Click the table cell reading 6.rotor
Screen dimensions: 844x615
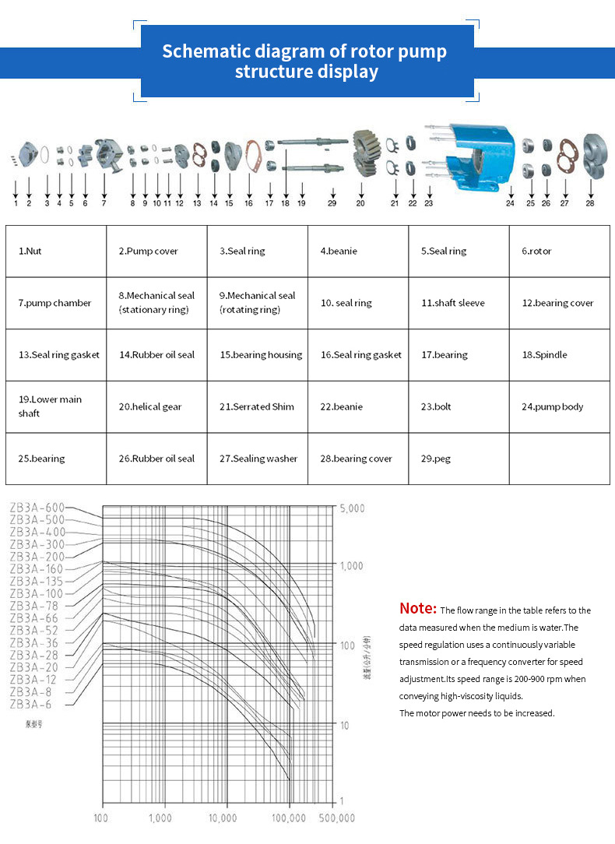point(559,251)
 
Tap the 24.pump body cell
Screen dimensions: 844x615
point(559,406)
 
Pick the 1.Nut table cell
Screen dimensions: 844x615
point(56,251)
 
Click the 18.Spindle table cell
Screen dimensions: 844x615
point(559,355)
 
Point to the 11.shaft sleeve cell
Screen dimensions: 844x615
point(459,303)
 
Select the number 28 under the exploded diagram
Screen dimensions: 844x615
point(590,203)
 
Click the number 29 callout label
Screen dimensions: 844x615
point(332,203)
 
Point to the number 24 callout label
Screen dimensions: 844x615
point(510,203)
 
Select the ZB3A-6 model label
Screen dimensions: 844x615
point(32,704)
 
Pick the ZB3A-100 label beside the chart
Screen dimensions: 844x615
point(37,593)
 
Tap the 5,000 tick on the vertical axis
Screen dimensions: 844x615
point(351,508)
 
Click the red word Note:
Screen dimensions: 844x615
point(417,608)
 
